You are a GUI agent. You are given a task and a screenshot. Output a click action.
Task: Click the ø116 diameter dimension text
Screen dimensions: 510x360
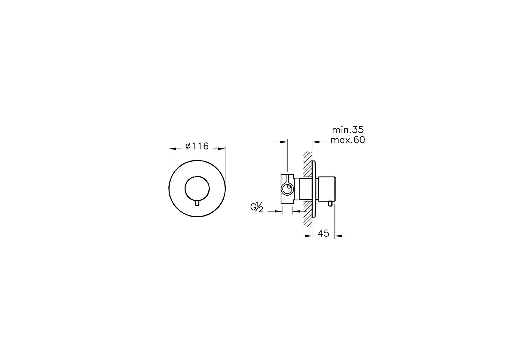point(197,146)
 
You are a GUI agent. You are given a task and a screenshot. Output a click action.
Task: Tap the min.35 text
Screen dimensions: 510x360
point(348,130)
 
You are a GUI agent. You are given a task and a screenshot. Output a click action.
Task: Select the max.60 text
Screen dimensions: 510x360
point(348,140)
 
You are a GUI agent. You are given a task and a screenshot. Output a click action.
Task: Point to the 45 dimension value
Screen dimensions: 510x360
point(323,233)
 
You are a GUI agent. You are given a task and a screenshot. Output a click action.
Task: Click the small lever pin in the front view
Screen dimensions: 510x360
point(197,203)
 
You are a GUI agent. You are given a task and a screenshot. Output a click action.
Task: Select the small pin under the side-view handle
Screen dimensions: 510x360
point(329,204)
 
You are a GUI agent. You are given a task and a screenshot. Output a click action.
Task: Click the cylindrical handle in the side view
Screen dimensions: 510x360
point(327,189)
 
